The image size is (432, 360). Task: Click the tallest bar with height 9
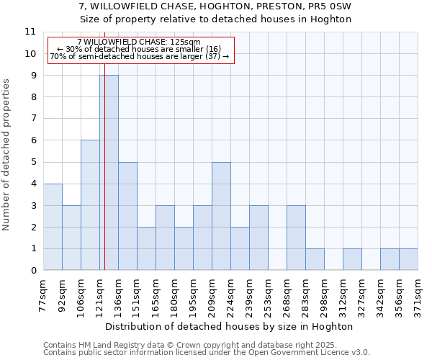109,173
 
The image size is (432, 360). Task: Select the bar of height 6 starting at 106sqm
90,205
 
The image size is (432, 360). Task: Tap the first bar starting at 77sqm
53,227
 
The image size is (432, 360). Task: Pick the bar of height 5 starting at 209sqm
221,216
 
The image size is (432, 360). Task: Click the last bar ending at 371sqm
408,259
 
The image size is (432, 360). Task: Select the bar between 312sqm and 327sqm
352,259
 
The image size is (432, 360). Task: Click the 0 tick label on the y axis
32,271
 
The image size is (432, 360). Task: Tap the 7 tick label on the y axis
32,119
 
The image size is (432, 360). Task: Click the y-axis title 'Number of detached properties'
6,155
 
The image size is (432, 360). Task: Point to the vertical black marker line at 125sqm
104,180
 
